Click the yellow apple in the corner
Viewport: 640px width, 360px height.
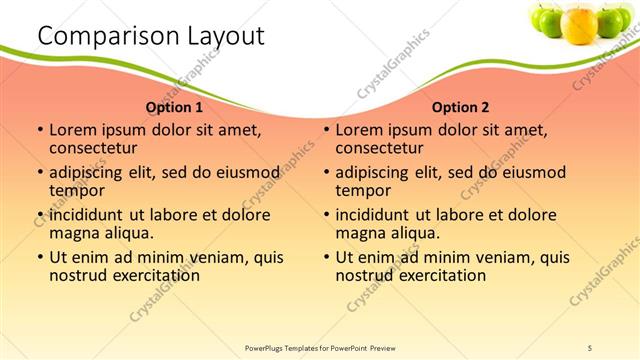click(x=579, y=23)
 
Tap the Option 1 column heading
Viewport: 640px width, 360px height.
click(x=174, y=107)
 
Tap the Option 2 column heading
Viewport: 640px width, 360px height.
click(x=460, y=107)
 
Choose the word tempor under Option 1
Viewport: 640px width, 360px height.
click(x=75, y=190)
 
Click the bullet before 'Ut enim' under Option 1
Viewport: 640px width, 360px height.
click(x=39, y=257)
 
